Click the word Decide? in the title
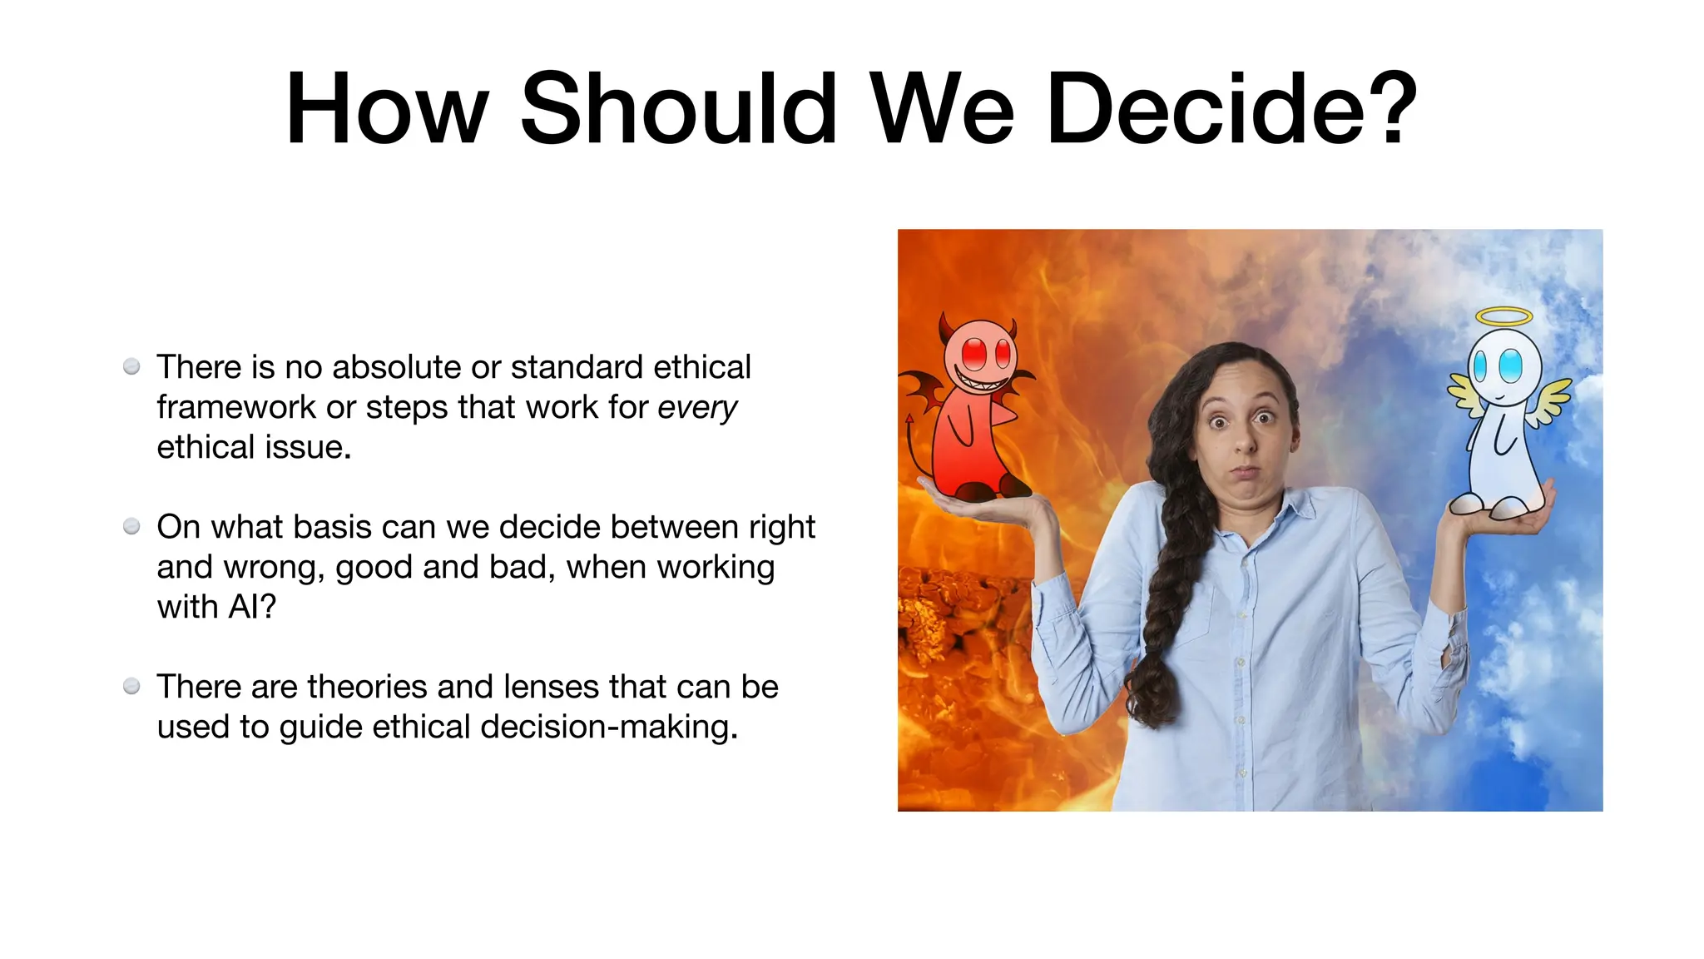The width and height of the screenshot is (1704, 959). [x=1231, y=109]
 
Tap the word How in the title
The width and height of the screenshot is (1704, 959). [x=386, y=109]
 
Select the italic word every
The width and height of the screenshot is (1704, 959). [x=696, y=407]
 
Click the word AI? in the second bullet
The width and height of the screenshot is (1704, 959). [x=252, y=607]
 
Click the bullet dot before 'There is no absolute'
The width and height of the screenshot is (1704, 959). [x=131, y=367]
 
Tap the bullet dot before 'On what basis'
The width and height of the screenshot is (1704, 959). [x=131, y=527]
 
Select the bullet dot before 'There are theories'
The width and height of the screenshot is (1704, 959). [x=131, y=687]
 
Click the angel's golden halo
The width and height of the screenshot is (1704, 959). [x=1503, y=316]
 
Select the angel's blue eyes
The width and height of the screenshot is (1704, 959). [x=1496, y=365]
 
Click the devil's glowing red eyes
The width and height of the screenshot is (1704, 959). [x=987, y=353]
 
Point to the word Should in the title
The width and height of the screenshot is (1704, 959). [x=678, y=109]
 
